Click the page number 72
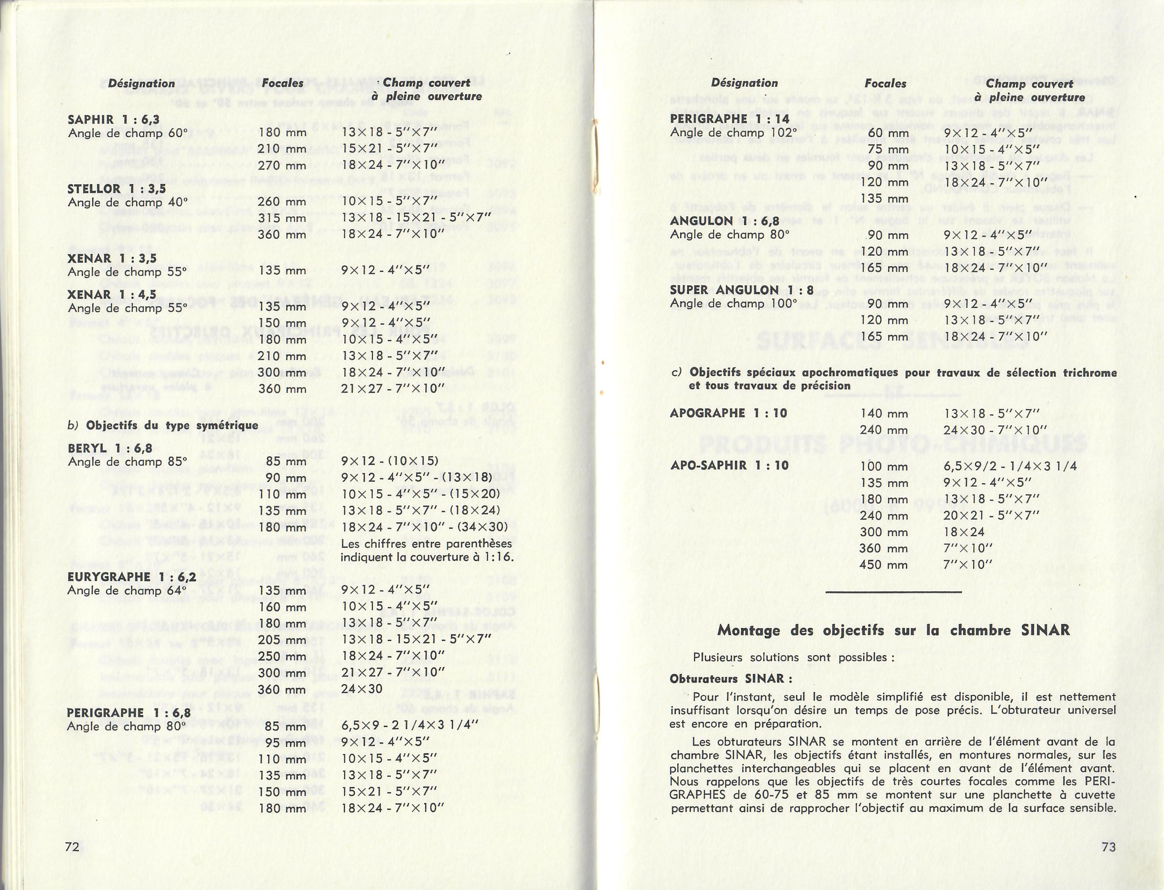72,846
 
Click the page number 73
1108,846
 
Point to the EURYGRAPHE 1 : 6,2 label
131,577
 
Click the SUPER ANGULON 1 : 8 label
742,290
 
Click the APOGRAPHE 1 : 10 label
728,413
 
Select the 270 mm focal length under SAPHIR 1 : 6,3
282,165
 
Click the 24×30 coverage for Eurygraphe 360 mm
362,689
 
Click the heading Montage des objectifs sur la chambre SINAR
893,630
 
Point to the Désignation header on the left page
142,83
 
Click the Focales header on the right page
885,83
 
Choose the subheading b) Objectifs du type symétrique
163,425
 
